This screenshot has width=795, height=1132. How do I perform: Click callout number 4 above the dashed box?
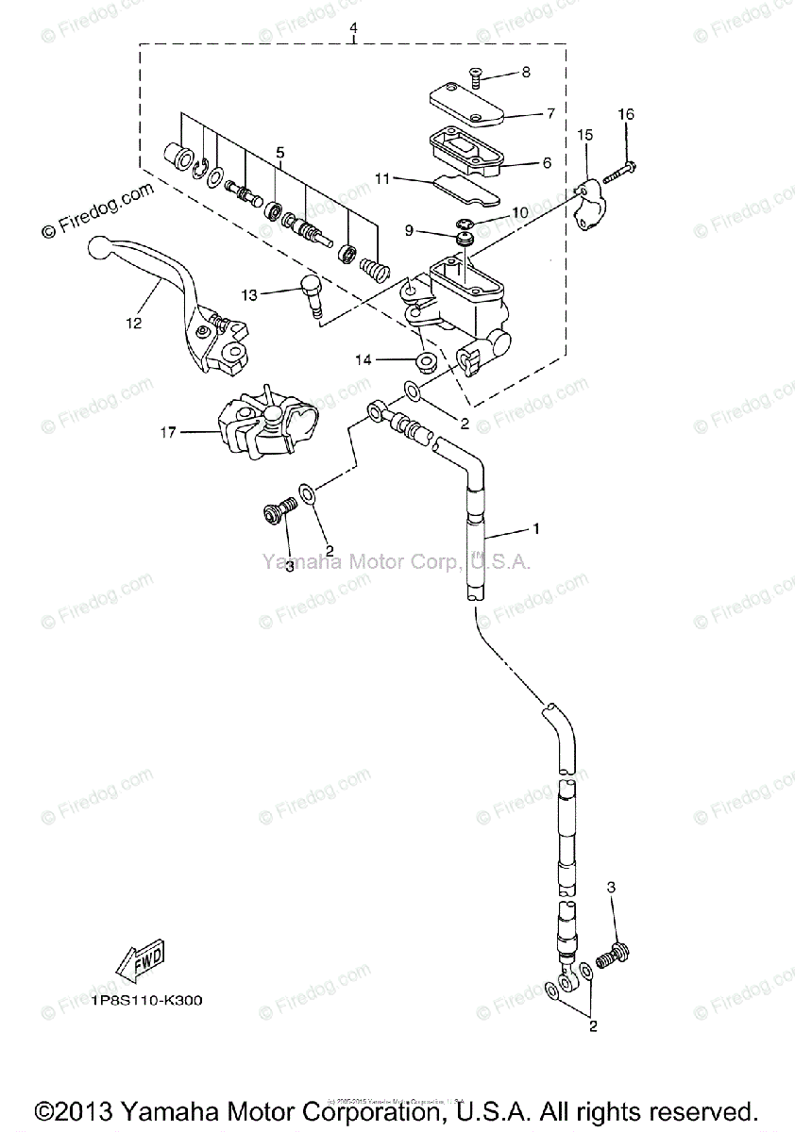353,29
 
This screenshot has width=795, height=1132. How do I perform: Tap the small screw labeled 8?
475,79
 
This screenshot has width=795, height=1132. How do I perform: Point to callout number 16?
626,114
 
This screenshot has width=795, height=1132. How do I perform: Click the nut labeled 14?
424,360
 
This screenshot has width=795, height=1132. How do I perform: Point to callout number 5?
279,152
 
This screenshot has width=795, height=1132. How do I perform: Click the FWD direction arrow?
140,961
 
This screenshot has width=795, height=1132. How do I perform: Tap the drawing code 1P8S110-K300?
148,999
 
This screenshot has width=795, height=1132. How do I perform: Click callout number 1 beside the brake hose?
536,529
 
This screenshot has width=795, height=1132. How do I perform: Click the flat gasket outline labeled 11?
466,190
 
